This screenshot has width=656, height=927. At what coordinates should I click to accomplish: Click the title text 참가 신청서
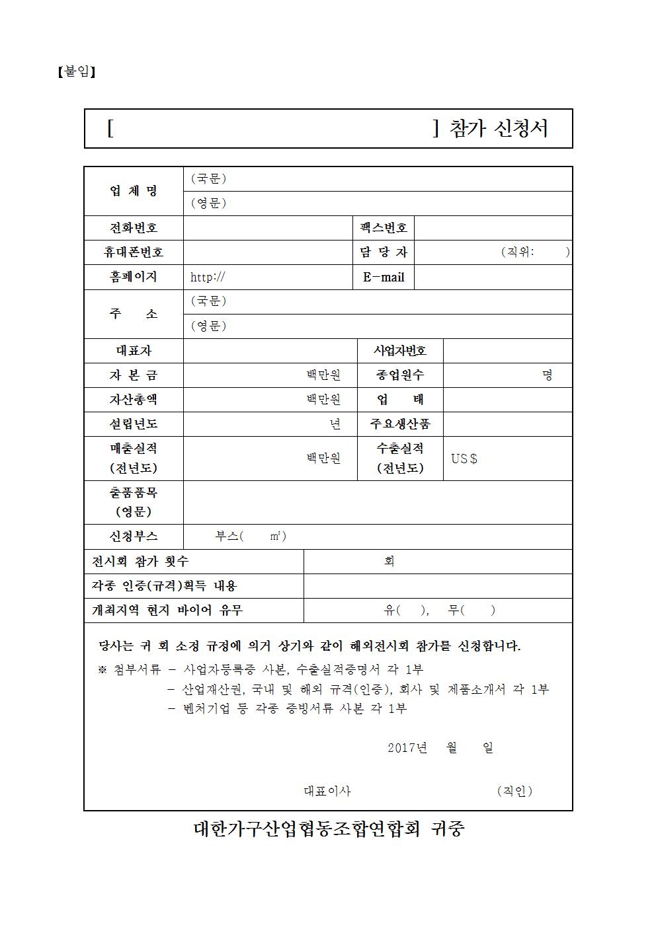tap(499, 128)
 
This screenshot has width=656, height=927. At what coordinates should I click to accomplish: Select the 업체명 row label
tap(134, 191)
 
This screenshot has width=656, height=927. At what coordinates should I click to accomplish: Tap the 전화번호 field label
tap(134, 228)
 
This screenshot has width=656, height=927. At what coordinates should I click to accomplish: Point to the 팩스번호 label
tap(384, 228)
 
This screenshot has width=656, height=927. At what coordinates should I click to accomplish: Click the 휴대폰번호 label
tap(134, 252)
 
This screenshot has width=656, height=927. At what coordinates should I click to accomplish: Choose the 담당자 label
tap(384, 252)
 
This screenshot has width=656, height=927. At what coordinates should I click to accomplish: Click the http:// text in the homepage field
tap(208, 278)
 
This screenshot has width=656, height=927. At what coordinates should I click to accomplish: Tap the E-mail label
tap(384, 278)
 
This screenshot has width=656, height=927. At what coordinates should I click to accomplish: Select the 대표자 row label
tap(134, 351)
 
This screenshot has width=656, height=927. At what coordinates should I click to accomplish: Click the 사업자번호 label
tap(400, 351)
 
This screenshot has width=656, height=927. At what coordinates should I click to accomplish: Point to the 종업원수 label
tap(400, 375)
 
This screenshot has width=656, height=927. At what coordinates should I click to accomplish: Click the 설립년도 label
tap(134, 424)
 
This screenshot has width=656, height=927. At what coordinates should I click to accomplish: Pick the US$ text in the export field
tap(464, 459)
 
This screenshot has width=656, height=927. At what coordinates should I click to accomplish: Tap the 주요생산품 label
tap(400, 424)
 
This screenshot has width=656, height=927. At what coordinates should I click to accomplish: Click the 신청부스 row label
tap(134, 537)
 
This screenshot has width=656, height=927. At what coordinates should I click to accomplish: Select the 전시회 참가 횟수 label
tap(140, 562)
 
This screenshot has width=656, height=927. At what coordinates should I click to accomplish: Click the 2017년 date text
tap(407, 748)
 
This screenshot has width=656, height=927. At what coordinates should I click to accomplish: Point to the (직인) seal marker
tap(514, 791)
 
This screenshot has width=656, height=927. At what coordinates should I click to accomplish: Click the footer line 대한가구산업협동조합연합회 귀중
tap(329, 829)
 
